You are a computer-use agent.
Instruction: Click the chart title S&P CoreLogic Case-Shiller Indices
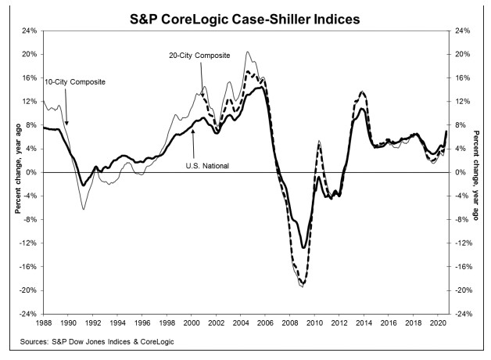click(245, 13)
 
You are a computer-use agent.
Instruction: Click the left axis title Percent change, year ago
click(9, 172)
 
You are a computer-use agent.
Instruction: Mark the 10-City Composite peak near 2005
click(248, 52)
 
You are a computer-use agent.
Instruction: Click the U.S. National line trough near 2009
click(303, 248)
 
